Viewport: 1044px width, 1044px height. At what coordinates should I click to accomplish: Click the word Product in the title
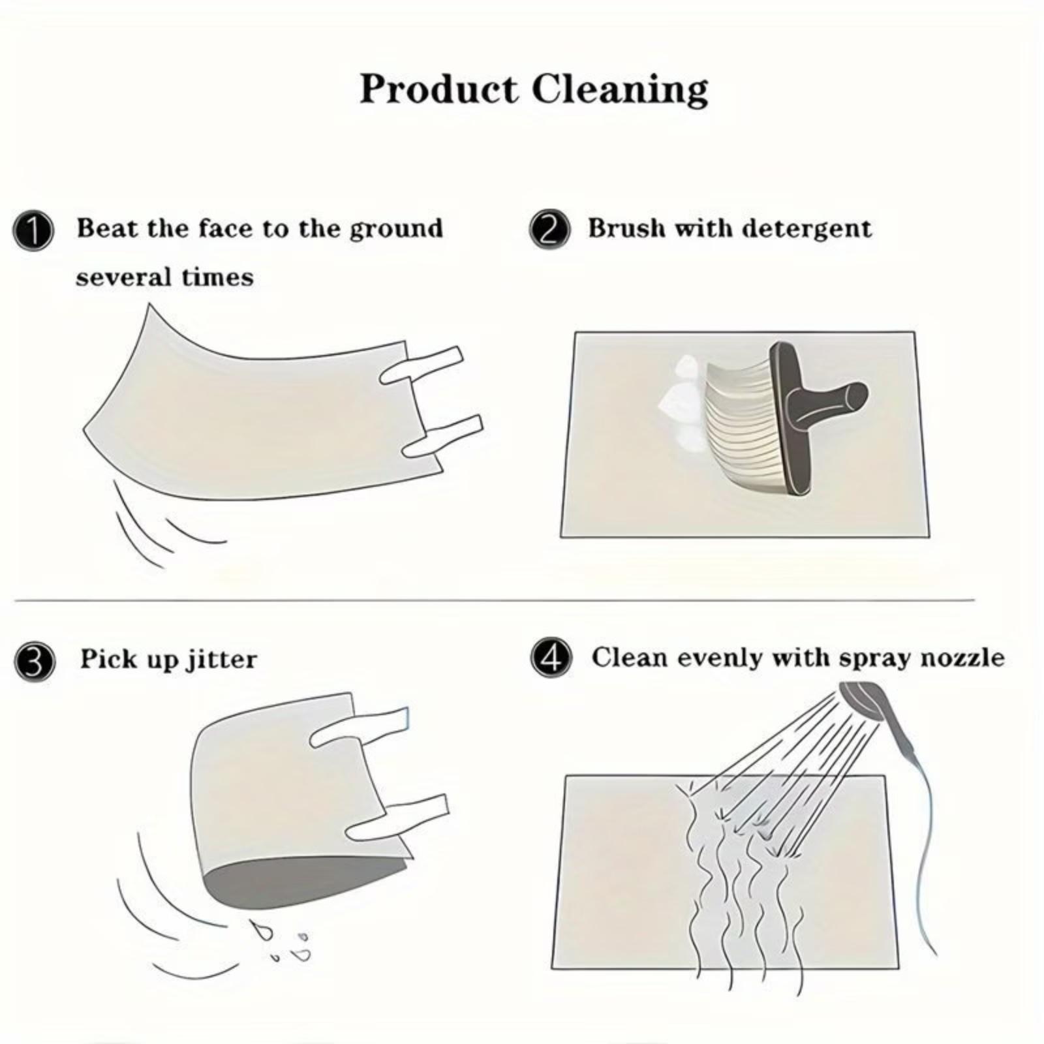[x=438, y=89]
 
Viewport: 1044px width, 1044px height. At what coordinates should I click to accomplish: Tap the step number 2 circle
[x=549, y=230]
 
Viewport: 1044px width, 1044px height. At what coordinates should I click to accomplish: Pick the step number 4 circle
[x=551, y=658]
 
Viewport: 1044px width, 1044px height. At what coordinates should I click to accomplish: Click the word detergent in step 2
[x=806, y=230]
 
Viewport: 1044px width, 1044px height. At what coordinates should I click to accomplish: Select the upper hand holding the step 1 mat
[x=422, y=366]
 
